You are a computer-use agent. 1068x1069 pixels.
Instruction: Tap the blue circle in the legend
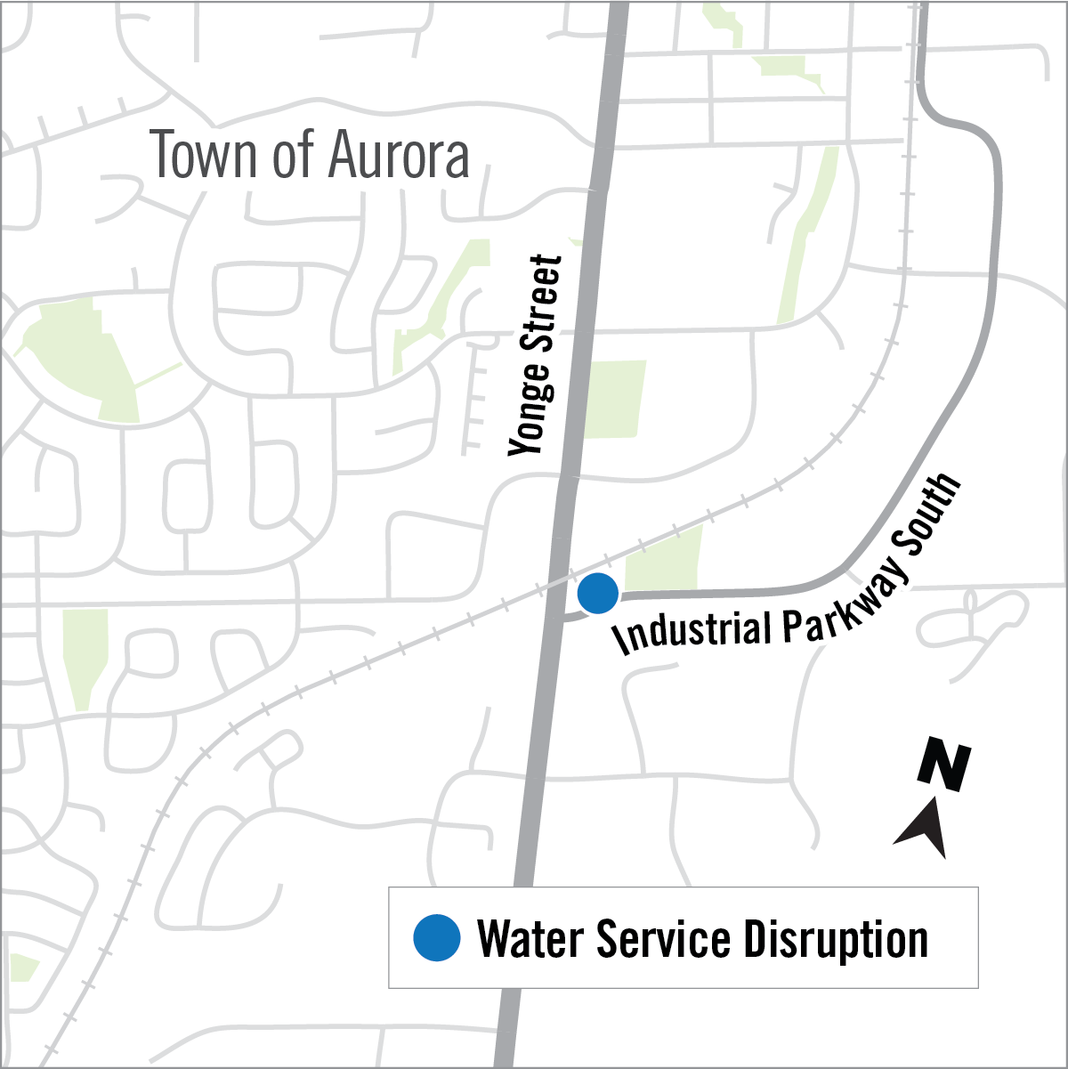coord(436,938)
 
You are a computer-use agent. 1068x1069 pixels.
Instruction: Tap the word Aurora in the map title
coord(398,155)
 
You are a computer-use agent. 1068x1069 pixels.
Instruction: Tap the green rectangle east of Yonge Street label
coord(614,398)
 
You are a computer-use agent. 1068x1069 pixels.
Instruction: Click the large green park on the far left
coord(80,356)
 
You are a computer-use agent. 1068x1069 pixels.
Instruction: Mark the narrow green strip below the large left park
coord(85,659)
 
